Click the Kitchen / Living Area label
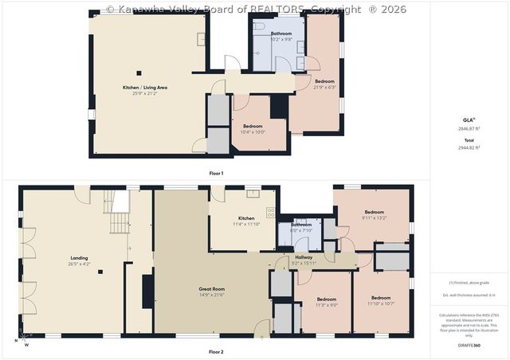[x=144, y=88]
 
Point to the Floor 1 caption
[x=216, y=173]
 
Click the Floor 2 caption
[x=216, y=351]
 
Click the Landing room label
[x=79, y=259]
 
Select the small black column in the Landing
[x=100, y=272]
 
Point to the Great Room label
[x=211, y=289]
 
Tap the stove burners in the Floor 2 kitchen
[x=271, y=213]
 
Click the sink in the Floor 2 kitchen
[x=253, y=193]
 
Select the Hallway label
[x=304, y=257]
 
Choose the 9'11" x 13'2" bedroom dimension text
[x=374, y=217]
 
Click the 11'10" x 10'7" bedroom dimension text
[x=381, y=304]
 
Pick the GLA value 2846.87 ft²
[x=469, y=128]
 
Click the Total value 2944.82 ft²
[x=469, y=147]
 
